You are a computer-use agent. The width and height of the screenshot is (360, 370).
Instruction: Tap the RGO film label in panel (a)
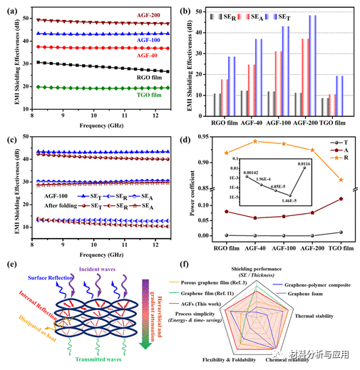[x=150, y=73]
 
